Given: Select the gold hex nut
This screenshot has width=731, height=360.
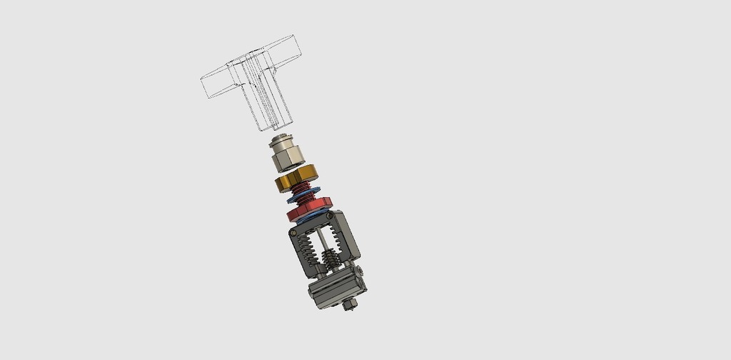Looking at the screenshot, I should click(296, 179).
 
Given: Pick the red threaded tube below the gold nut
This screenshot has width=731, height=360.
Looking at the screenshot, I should click(305, 191).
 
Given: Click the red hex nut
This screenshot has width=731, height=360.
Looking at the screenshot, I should click(310, 210).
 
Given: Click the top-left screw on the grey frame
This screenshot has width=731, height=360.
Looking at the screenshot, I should click(295, 232).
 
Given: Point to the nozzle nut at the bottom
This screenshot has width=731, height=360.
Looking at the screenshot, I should click(348, 306).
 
